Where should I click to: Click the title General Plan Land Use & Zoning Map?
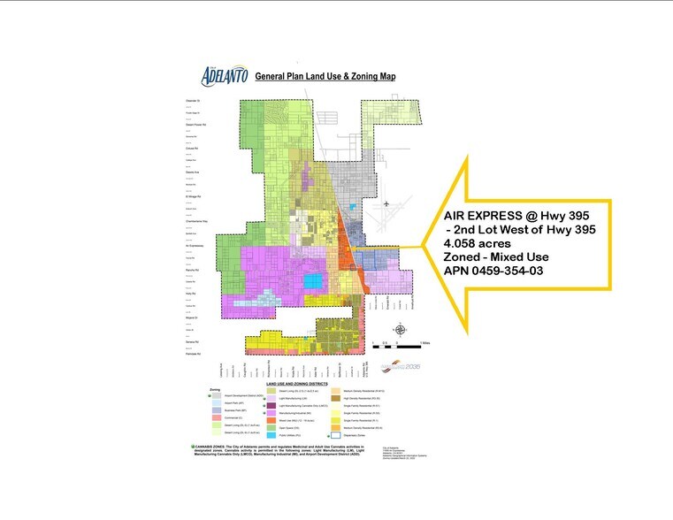pyautogui.click(x=325, y=77)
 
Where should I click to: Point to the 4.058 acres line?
pyautogui.click(x=478, y=244)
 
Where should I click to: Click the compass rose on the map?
pyautogui.click(x=401, y=331)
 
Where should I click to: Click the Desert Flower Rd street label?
pyautogui.click(x=195, y=124)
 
